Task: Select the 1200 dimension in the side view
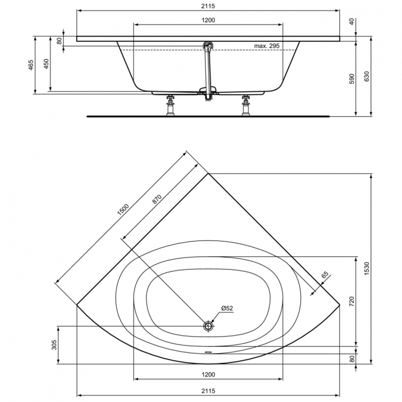pos(208,20)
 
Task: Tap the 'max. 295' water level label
pos(266,46)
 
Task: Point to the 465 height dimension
pos(31,65)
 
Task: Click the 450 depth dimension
pos(47,65)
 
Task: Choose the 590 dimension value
pos(352,79)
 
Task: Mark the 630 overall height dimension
pos(367,77)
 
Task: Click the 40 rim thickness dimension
pos(352,22)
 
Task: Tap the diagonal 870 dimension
pos(157,198)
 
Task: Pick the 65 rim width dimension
pos(325,276)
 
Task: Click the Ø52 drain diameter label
pos(227,308)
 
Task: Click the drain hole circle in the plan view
pos(209,326)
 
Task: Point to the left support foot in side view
pos(171,105)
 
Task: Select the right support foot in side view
pos(246,105)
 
